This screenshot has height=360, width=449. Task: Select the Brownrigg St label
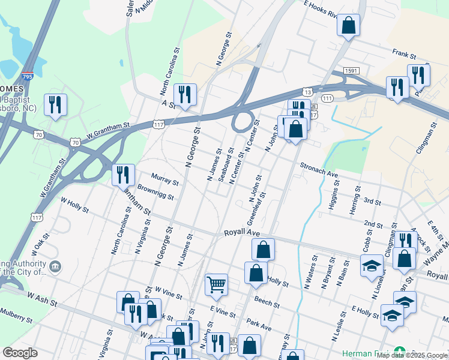tap(155, 193)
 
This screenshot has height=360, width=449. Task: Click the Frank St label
tap(404, 54)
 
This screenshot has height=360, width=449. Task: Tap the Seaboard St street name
tap(227, 163)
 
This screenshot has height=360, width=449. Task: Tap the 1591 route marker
tap(352, 71)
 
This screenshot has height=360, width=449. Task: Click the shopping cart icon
tap(216, 284)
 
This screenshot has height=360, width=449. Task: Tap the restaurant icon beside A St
tap(185, 94)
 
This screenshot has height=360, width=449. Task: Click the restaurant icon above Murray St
tap(123, 175)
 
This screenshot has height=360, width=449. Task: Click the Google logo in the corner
tap(20, 353)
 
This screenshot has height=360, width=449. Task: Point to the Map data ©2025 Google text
tap(412, 355)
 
